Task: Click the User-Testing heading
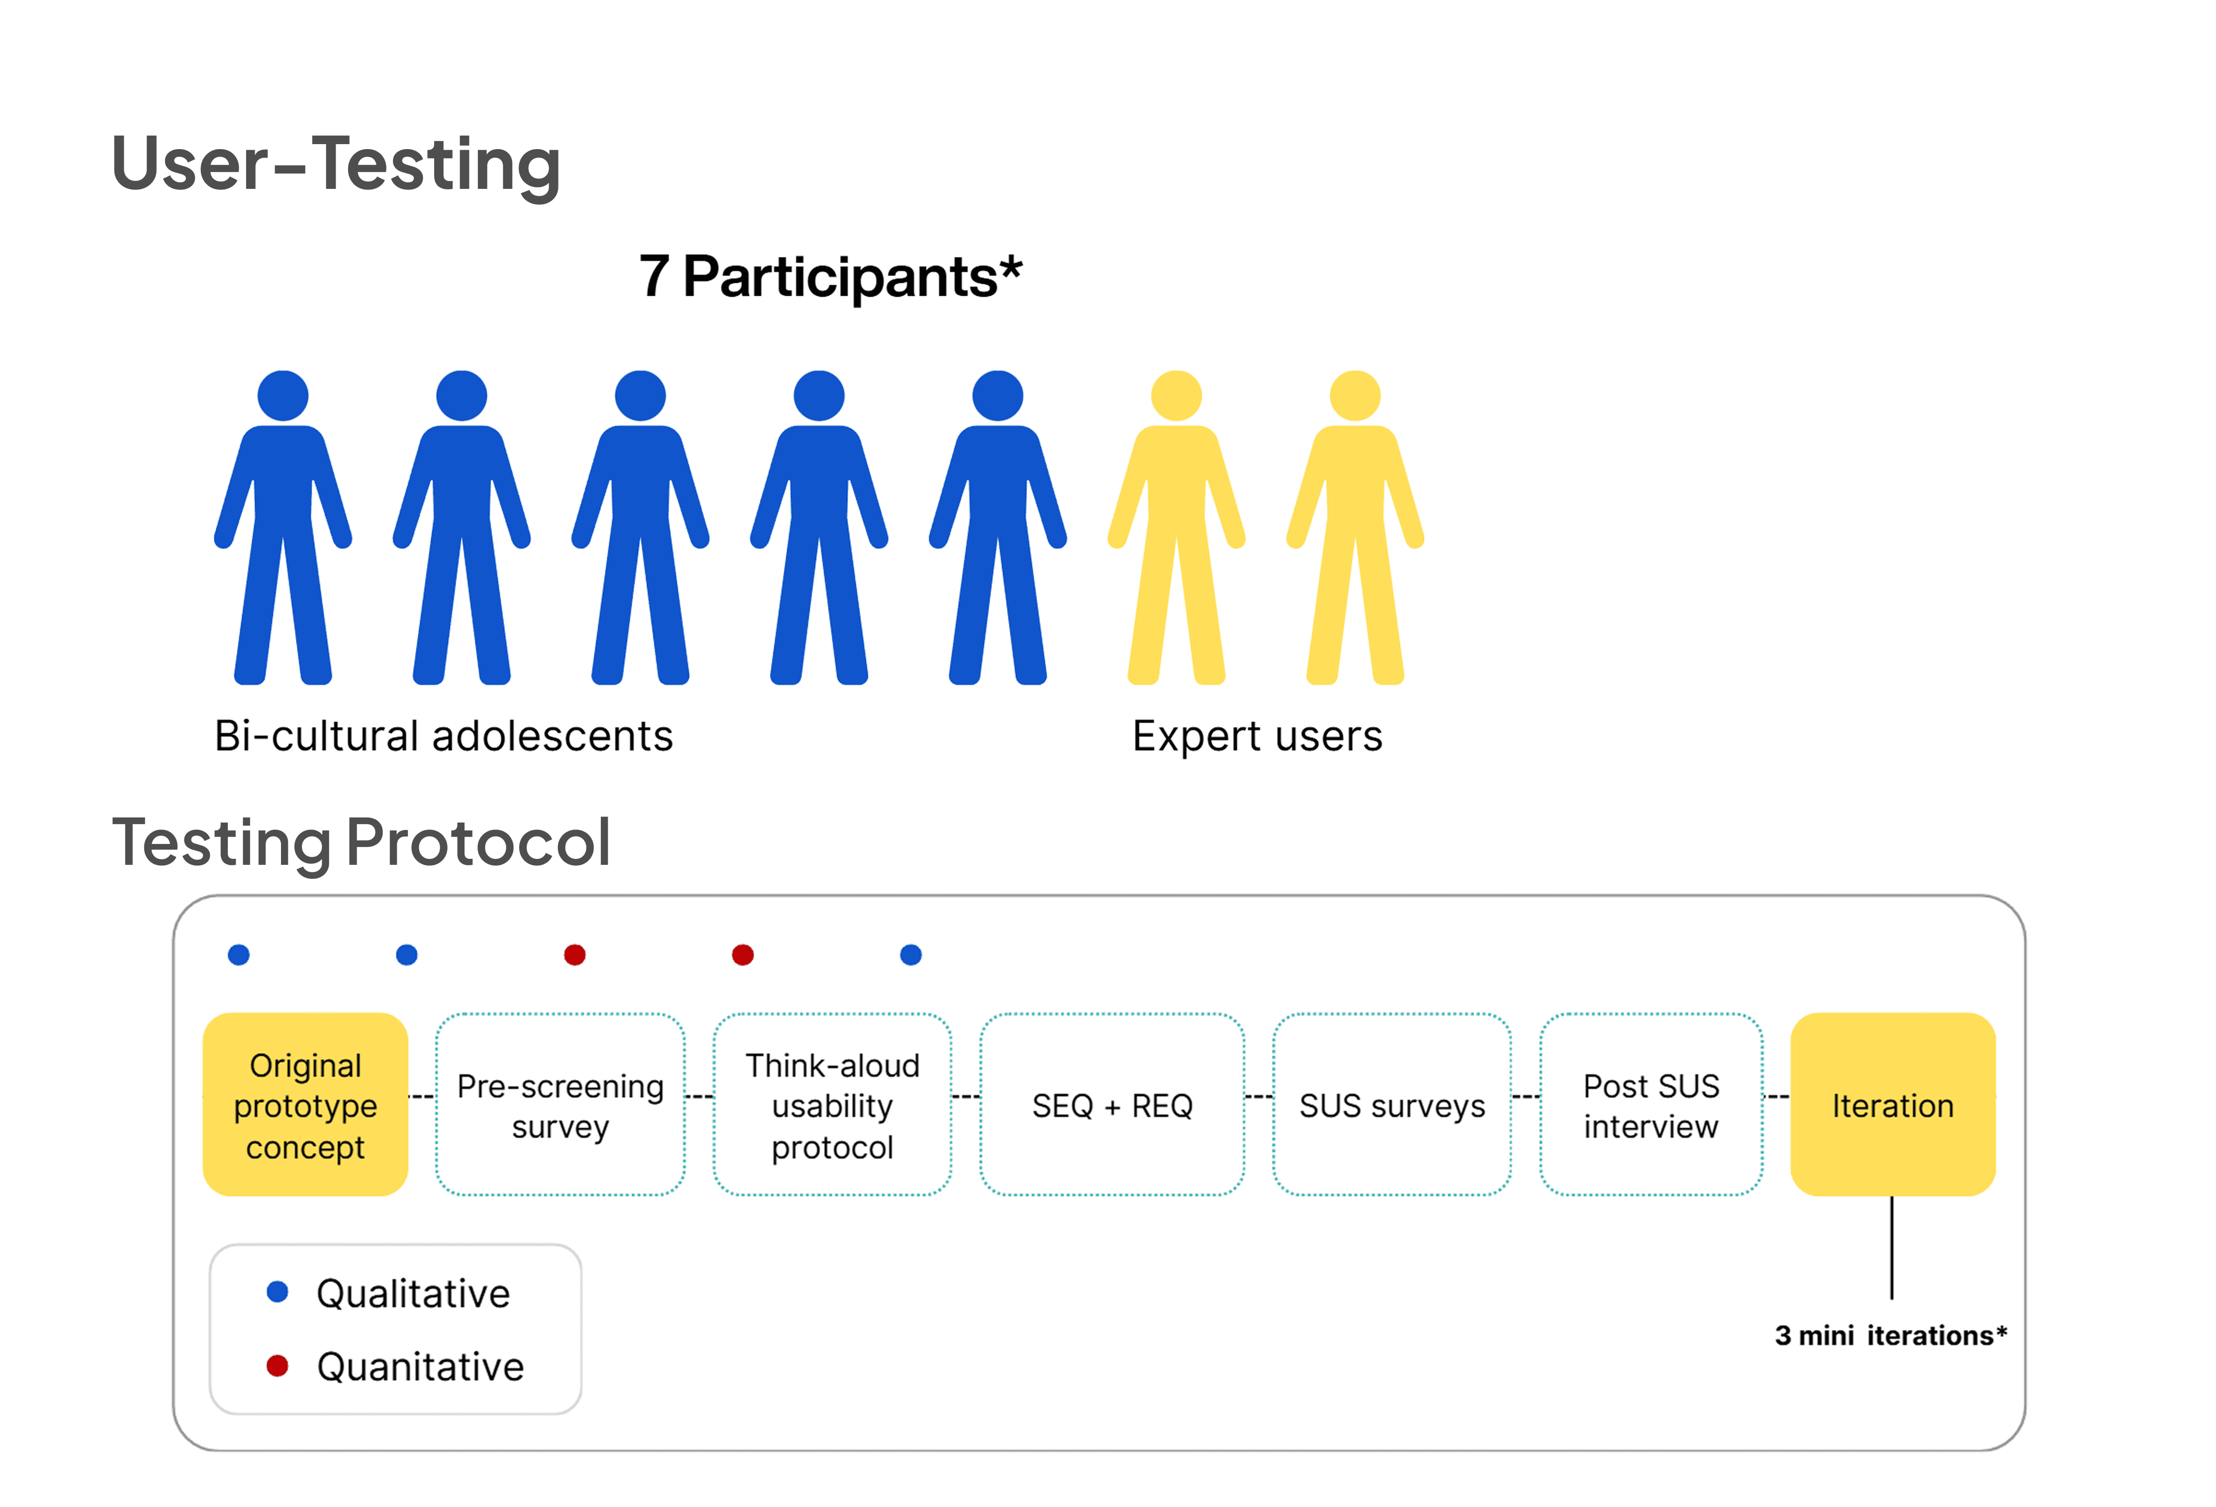point(336,164)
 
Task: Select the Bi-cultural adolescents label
point(444,736)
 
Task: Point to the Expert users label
point(1257,736)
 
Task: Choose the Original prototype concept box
point(305,1105)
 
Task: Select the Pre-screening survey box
point(560,1105)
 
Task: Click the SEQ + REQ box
point(1112,1105)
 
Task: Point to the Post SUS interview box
point(1651,1105)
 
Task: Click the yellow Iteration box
point(1893,1105)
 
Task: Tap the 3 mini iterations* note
point(1890,1336)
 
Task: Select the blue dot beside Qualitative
point(277,1292)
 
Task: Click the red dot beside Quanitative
point(277,1366)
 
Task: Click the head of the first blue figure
point(283,396)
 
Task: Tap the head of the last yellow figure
point(1355,396)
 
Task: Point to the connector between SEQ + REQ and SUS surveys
point(1259,1096)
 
